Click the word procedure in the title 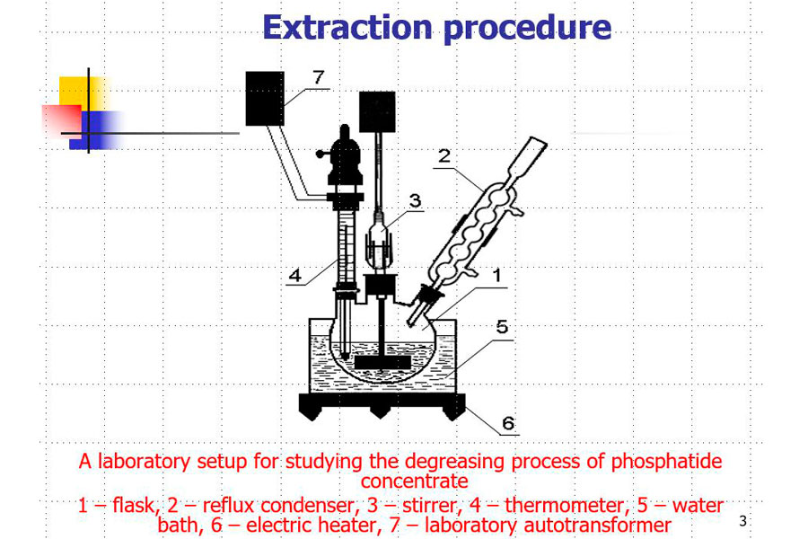click(x=527, y=29)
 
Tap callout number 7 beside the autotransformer click(x=319, y=77)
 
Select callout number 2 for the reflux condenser click(x=444, y=155)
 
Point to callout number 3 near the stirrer click(x=416, y=200)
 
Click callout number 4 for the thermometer click(x=295, y=275)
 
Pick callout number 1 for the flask click(x=496, y=275)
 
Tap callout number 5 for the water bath click(x=502, y=326)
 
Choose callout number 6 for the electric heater click(x=508, y=423)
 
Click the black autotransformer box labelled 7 click(x=265, y=99)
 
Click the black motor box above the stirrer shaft click(x=377, y=111)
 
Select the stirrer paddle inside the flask click(x=382, y=363)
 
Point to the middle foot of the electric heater click(x=381, y=411)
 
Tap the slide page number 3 click(x=742, y=521)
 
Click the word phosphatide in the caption click(x=667, y=461)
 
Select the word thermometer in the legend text click(x=564, y=506)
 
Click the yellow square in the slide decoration click(x=83, y=93)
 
